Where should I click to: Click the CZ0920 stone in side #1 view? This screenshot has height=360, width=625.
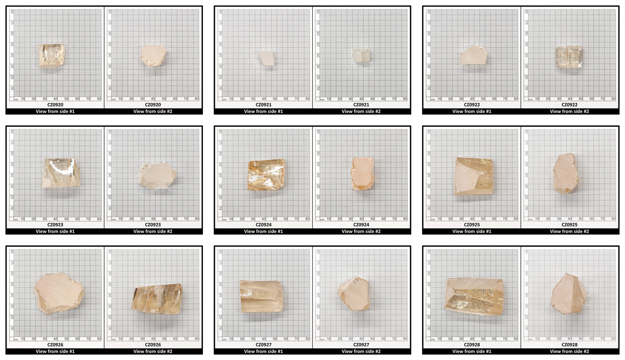[51, 55]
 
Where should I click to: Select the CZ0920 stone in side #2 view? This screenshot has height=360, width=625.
[154, 55]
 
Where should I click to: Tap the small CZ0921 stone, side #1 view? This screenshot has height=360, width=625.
[266, 58]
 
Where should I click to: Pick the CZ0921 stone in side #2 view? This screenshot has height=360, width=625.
[361, 55]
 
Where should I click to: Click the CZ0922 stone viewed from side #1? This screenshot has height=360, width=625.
[473, 55]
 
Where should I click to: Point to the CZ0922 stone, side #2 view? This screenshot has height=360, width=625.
[569, 57]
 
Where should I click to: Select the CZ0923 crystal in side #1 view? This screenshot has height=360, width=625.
[61, 173]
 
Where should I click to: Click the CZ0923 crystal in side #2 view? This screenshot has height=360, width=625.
[157, 176]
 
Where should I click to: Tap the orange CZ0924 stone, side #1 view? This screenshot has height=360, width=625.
[266, 175]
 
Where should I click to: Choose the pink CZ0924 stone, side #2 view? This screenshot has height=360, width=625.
[362, 174]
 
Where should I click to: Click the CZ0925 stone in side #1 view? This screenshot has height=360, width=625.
[474, 176]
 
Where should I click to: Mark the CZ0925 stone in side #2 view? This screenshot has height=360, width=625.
[566, 174]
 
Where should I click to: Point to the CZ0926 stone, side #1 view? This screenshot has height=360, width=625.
[58, 293]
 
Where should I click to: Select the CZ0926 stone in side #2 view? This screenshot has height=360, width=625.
[157, 299]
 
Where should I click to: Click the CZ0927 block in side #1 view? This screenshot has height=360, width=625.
[261, 296]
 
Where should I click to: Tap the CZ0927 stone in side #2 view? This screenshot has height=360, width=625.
[353, 293]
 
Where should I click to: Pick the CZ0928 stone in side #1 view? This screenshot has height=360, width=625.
[474, 296]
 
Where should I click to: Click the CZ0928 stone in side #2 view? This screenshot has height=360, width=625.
[568, 293]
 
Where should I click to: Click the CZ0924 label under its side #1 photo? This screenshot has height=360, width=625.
[263, 225]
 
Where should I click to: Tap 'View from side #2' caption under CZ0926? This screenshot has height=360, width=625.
[153, 351]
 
